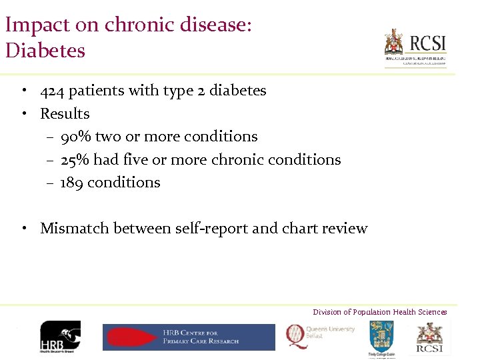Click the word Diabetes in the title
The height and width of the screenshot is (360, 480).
click(x=45, y=50)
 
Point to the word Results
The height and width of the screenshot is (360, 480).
click(x=65, y=114)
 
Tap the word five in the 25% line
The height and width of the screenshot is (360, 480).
click(x=137, y=160)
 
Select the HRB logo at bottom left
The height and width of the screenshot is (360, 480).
click(x=60, y=337)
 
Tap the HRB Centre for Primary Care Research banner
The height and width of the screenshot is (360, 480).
click(x=188, y=337)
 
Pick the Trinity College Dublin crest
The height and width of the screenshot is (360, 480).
click(x=381, y=337)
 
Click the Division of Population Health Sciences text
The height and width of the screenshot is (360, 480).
click(x=380, y=312)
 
